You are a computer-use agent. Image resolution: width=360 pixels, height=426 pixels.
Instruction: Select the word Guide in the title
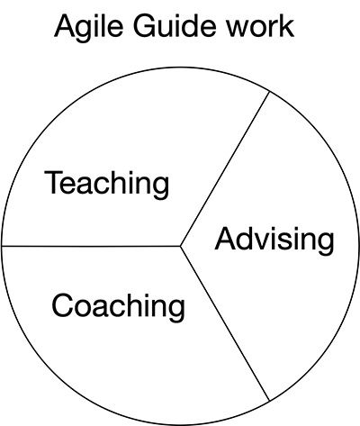(x=175, y=26)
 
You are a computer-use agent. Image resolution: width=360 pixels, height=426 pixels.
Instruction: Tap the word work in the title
(x=260, y=27)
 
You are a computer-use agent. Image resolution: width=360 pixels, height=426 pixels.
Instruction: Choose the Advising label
(x=274, y=241)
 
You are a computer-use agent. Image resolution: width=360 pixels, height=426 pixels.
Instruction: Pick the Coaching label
(x=119, y=307)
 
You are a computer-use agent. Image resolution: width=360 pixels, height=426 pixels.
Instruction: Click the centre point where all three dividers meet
(x=181, y=246)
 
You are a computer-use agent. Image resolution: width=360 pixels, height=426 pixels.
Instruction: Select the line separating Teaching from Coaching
(x=91, y=246)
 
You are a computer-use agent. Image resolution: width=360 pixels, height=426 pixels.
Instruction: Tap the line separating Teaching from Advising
(x=225, y=169)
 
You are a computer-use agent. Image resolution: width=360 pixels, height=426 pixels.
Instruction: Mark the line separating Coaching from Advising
(x=225, y=323)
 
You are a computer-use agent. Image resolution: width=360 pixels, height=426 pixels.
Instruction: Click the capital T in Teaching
(x=55, y=182)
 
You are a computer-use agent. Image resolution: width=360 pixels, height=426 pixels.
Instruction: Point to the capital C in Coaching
(x=62, y=304)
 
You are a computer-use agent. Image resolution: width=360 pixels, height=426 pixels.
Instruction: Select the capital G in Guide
(x=145, y=26)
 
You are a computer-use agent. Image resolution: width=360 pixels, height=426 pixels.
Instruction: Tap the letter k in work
(x=287, y=27)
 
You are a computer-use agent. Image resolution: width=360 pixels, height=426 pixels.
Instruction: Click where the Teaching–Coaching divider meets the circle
(x=2, y=246)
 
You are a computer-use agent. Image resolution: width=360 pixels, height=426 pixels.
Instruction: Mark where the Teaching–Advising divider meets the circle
(x=269, y=92)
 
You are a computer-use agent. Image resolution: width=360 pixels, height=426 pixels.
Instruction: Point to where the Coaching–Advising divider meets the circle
(x=269, y=401)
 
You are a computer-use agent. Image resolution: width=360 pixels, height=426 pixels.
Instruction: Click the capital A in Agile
(x=65, y=26)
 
